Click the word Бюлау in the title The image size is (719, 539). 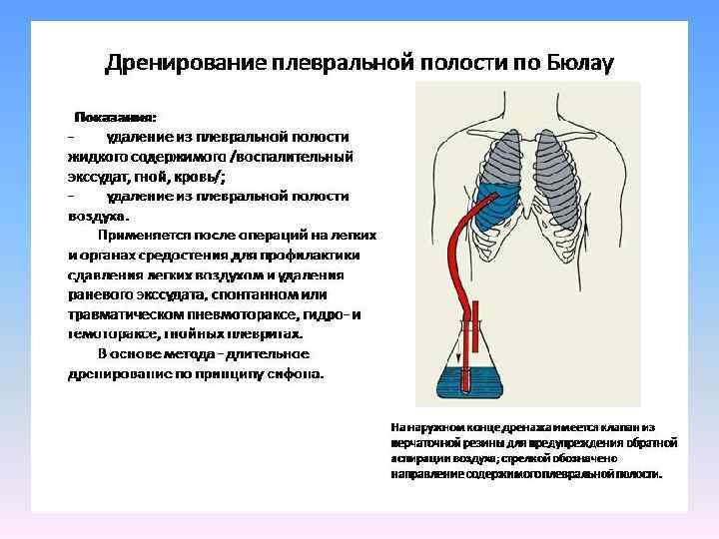[579, 63]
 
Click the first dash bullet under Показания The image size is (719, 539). [70, 136]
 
